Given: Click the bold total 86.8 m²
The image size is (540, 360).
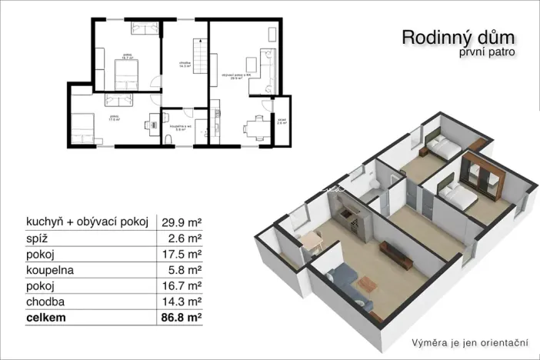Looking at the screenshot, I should pyautogui.click(x=178, y=316).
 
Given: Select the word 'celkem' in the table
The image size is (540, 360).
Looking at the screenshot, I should pyautogui.click(x=45, y=316).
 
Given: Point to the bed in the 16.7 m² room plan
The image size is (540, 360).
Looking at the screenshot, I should pyautogui.click(x=125, y=75).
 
